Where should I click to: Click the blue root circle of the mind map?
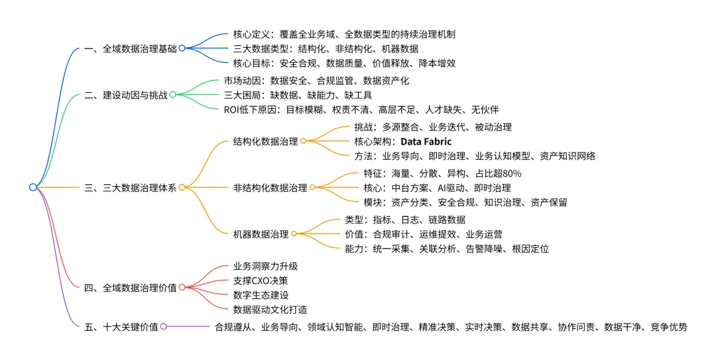tap(33, 188)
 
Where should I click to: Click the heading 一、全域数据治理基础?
tap(131, 48)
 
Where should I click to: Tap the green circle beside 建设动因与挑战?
tap(172, 95)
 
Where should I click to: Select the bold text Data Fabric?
tap(426, 141)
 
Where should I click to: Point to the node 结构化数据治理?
tap(265, 141)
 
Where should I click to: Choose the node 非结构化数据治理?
tap(270, 188)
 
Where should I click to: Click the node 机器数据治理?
tap(261, 234)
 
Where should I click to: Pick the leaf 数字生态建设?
tap(261, 295)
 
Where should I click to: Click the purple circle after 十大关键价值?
tap(164, 327)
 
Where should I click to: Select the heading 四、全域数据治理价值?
tap(131, 288)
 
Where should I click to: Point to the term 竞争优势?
tap(669, 327)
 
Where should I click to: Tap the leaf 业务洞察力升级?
tap(265, 267)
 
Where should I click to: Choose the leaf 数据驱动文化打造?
tap(270, 310)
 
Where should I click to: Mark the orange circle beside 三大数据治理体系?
tap(182, 188)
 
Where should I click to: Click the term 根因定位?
tap(530, 249)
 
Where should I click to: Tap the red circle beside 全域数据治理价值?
tap(182, 288)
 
